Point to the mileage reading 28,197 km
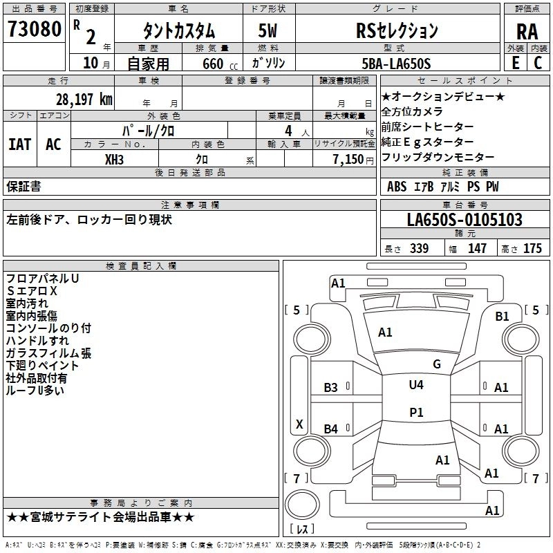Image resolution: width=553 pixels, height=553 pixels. click(x=80, y=99)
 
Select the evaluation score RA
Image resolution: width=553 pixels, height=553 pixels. click(x=527, y=31)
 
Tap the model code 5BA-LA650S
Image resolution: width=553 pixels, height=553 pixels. click(x=397, y=64)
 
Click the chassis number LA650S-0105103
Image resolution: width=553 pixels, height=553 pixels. click(x=464, y=220)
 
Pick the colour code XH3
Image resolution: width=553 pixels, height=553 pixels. click(x=115, y=159)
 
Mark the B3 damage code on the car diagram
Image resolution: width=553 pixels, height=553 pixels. click(x=331, y=388)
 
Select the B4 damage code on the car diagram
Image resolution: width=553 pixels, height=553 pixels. click(x=331, y=429)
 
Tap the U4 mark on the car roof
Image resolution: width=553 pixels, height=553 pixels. click(x=416, y=385)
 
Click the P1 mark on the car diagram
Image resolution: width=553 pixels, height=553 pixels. click(x=416, y=412)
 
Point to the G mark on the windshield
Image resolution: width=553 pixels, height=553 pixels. click(x=436, y=364)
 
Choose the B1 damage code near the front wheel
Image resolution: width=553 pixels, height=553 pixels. click(x=502, y=316)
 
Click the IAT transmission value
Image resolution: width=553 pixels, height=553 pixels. click(x=19, y=144)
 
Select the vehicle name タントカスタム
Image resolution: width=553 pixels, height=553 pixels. click(x=178, y=31)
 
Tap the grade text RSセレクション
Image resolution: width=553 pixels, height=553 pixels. click(x=397, y=31)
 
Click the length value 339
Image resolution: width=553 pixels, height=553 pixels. click(x=419, y=248)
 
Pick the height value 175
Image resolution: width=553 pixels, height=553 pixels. click(x=532, y=248)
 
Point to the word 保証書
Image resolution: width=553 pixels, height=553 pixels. click(x=24, y=186)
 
